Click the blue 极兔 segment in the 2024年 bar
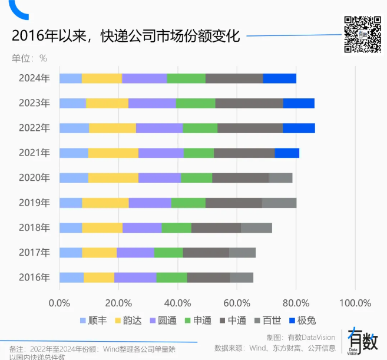(x=279, y=78)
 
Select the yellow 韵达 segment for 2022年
(x=113, y=128)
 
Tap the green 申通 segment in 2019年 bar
(x=188, y=203)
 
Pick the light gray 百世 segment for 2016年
(x=242, y=278)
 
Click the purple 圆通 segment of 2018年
(x=142, y=227)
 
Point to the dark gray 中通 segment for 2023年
(x=249, y=103)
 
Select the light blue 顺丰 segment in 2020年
(x=74, y=178)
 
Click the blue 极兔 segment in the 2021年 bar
(x=287, y=153)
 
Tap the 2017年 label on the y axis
(x=34, y=252)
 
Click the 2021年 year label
(x=34, y=153)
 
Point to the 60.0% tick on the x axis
(x=237, y=303)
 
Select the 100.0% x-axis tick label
(x=355, y=303)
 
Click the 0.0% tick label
(x=59, y=303)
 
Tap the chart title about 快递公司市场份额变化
(x=126, y=36)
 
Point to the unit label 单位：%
(x=29, y=58)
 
